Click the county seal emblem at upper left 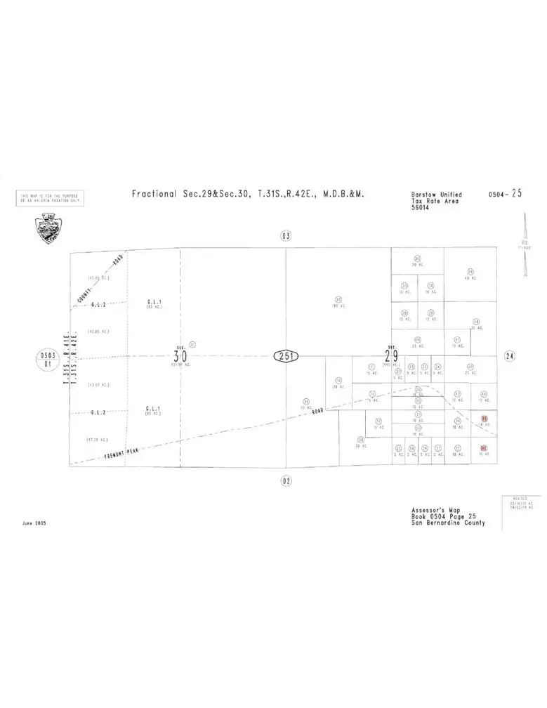pos(48,228)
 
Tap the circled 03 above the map pos(285,236)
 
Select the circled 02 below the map pos(285,480)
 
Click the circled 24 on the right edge pos(510,356)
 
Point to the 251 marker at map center pos(286,356)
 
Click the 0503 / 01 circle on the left pos(48,360)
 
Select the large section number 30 pos(180,355)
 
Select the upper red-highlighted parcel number pos(484,419)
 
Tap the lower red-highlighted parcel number pos(483,448)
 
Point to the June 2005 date pos(36,523)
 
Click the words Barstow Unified pos(437,195)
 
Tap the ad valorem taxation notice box pos(50,199)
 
